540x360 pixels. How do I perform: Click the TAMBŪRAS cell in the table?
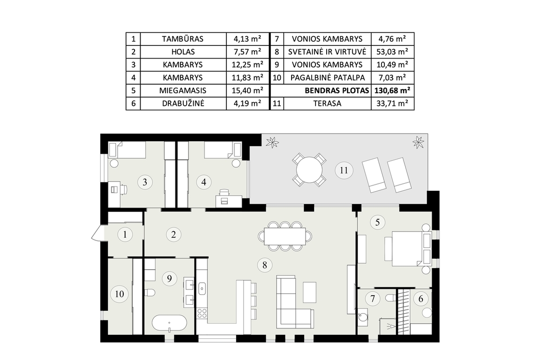tap(183, 39)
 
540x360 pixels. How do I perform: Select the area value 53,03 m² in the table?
tap(393, 52)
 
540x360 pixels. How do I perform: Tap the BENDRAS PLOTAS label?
tap(337, 90)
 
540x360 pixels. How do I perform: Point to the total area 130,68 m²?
tap(393, 90)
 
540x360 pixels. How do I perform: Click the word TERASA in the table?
tap(327, 103)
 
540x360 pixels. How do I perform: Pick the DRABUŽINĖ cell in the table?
tap(183, 103)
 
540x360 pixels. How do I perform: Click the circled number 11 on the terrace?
tap(344, 170)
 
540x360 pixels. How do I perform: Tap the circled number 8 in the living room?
tap(264, 265)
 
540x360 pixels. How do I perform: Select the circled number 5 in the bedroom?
tap(377, 222)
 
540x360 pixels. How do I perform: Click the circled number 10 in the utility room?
tap(120, 294)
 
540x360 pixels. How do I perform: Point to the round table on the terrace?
tap(309, 170)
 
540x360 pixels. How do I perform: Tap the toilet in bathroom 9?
tap(149, 293)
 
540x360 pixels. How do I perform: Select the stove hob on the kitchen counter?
tap(202, 313)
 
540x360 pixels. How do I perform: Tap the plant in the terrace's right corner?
tap(418, 142)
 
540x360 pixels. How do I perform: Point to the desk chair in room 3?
tap(124, 189)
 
